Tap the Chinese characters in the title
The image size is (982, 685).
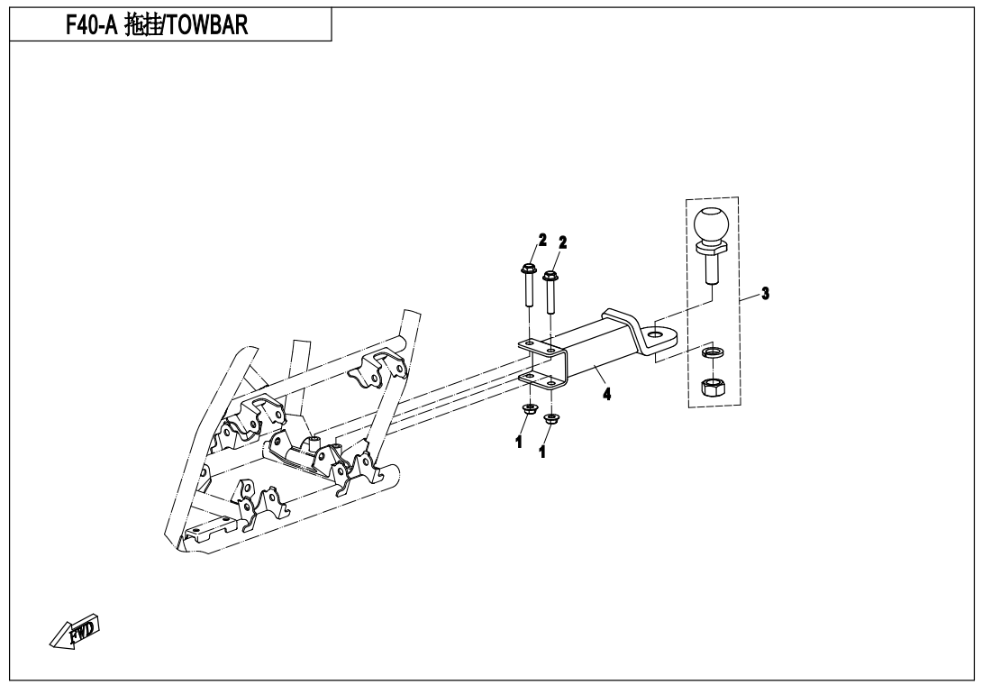[x=142, y=25]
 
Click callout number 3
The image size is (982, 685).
[x=765, y=293]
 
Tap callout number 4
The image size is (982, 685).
[x=606, y=394]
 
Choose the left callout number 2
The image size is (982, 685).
[x=542, y=240]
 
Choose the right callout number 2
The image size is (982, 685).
[x=563, y=242]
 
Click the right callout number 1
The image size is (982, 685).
[x=542, y=452]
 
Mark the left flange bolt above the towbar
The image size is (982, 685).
[x=527, y=284]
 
